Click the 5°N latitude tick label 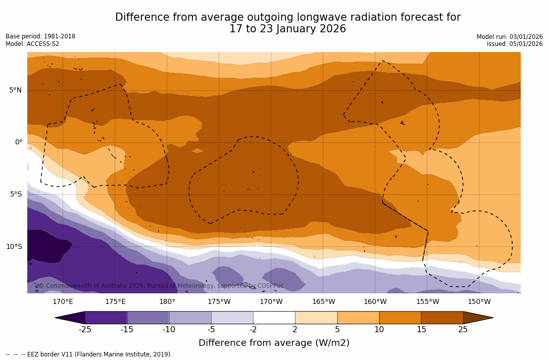click(15, 90)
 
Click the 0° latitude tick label click(18, 142)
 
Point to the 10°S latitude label click(14, 247)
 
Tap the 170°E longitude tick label click(63, 302)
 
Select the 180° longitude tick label click(167, 302)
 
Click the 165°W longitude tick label click(323, 302)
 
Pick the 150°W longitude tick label click(479, 302)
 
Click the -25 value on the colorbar click(85, 330)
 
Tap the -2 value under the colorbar click(253, 330)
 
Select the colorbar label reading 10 click(379, 330)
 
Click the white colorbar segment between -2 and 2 click(274, 318)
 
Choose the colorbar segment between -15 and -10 click(148, 318)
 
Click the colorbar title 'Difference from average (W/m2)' click(274, 343)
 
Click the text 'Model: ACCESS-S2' click(32, 44)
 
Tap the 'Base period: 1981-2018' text click(40, 36)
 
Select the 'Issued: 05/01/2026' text click(515, 44)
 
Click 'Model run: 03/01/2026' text click(510, 37)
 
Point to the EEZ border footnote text click(89, 354)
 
